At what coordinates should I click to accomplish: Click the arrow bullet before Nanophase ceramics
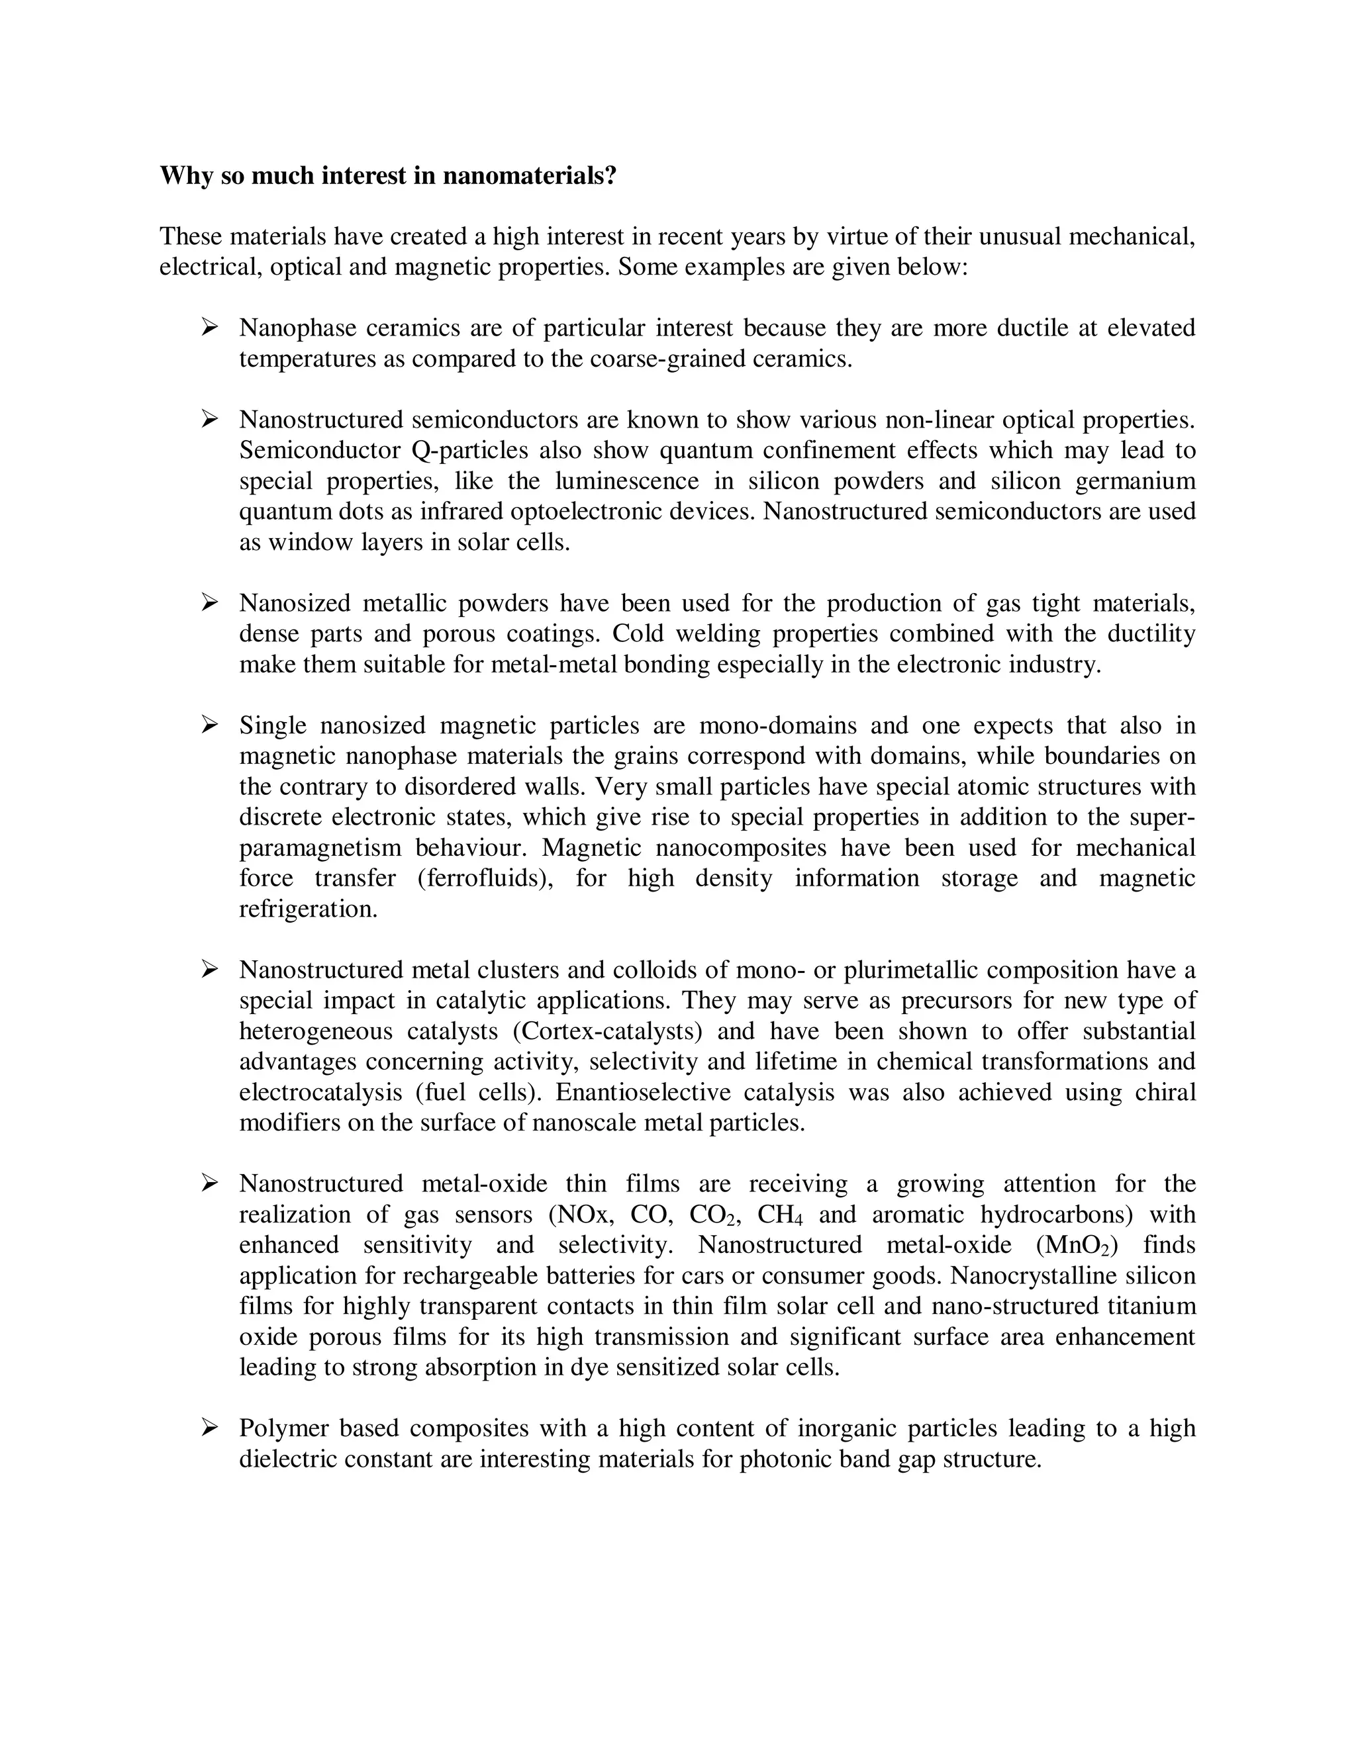210,327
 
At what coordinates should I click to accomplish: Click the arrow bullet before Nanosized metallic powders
210,602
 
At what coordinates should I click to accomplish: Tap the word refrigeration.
308,909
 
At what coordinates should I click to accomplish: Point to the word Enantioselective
644,1092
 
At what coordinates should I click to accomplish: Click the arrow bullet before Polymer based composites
210,1427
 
